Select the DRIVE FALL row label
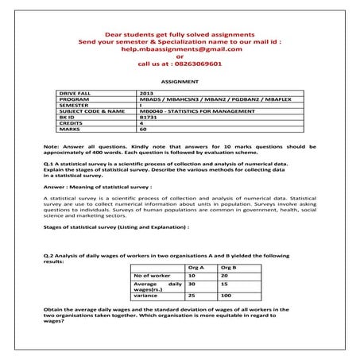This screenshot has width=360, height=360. coord(76,93)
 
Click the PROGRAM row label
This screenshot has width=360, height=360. coord(74,99)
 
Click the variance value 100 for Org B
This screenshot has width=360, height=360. coord(226,296)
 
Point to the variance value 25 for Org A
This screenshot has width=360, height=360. coord(192,296)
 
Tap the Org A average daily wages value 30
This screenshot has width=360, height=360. coord(192,283)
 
